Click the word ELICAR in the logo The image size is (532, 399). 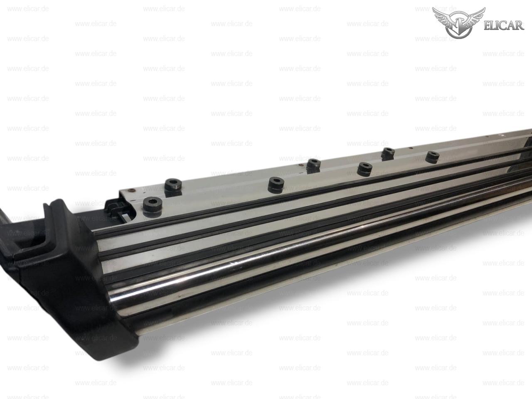[x=504, y=25]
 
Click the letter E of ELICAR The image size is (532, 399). [x=487, y=26]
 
